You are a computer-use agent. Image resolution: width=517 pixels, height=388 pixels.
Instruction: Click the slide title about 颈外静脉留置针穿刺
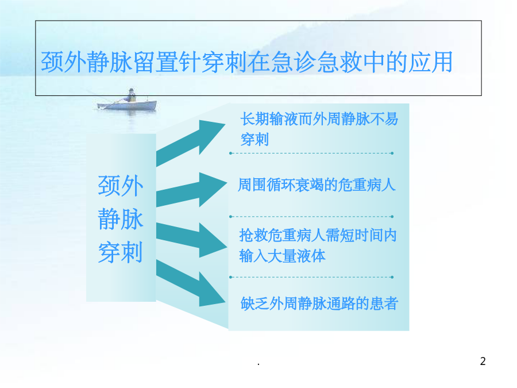pyautogui.click(x=246, y=62)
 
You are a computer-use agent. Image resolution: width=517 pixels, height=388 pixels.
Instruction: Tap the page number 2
pyautogui.click(x=483, y=362)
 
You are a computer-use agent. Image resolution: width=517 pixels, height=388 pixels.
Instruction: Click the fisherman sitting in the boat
pyautogui.click(x=131, y=95)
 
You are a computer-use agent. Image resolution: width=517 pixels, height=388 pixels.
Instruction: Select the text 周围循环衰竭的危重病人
pyautogui.click(x=317, y=185)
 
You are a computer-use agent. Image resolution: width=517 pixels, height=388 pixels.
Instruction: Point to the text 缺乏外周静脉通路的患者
pyautogui.click(x=319, y=304)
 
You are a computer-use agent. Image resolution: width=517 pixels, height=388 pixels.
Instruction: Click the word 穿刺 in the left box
pyautogui.click(x=121, y=252)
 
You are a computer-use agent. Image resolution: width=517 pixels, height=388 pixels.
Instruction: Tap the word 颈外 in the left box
pyautogui.click(x=121, y=186)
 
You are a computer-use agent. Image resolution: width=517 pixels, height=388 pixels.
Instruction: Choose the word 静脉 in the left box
pyautogui.click(x=121, y=219)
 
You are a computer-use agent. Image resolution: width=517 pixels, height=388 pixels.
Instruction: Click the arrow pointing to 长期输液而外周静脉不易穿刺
pyautogui.click(x=191, y=143)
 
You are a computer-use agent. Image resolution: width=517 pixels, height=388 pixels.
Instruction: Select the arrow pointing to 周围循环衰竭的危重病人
pyautogui.click(x=191, y=190)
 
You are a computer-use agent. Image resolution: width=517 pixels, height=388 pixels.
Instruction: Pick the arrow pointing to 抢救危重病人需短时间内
pyautogui.click(x=191, y=240)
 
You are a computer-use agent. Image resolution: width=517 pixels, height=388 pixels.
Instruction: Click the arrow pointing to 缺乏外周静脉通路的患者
pyautogui.click(x=191, y=283)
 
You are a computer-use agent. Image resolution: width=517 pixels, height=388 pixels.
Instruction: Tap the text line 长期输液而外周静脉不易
pyautogui.click(x=319, y=119)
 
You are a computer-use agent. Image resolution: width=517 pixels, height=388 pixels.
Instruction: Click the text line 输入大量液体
pyautogui.click(x=282, y=256)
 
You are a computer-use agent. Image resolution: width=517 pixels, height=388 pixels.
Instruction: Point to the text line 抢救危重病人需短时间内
pyautogui.click(x=318, y=236)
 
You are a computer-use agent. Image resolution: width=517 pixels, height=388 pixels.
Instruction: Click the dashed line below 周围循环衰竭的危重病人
pyautogui.click(x=311, y=217)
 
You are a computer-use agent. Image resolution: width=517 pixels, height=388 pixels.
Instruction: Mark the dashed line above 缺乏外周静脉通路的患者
pyautogui.click(x=311, y=277)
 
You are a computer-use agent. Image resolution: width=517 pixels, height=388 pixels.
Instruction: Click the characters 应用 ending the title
pyautogui.click(x=430, y=62)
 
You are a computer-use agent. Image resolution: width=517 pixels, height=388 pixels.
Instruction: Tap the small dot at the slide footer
pyautogui.click(x=258, y=364)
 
